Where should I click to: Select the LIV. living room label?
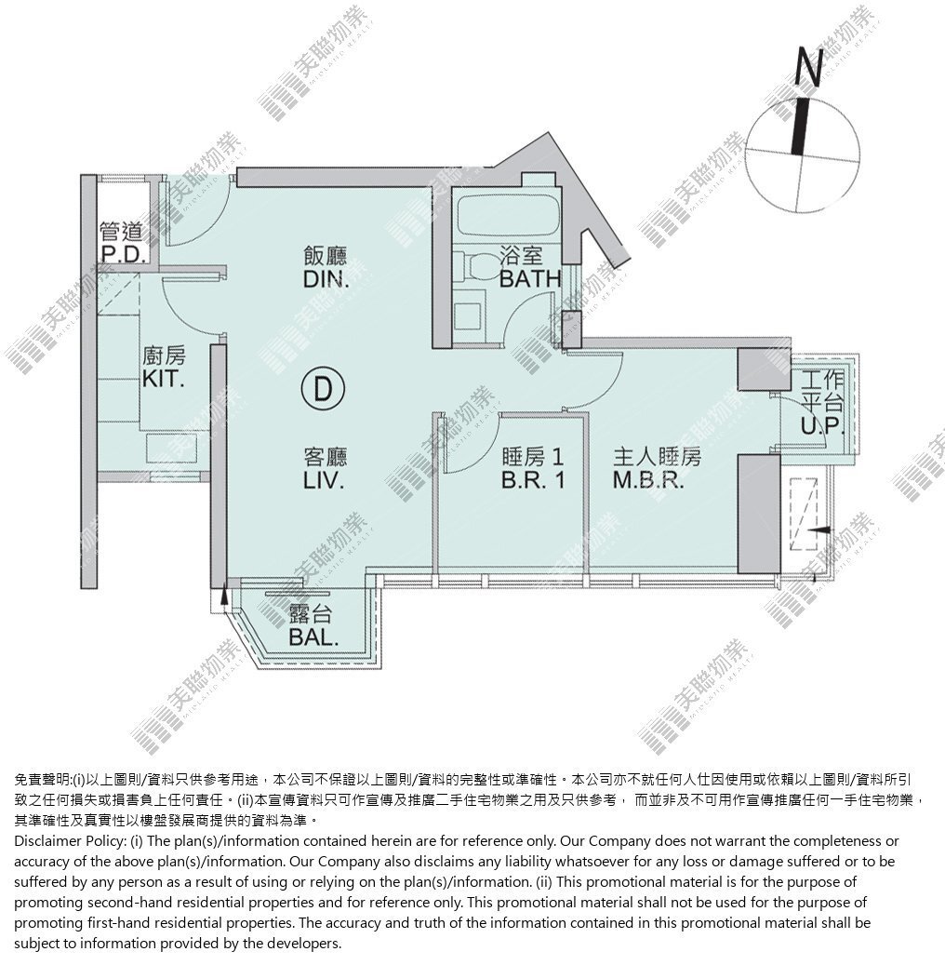(325, 480)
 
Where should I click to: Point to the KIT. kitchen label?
(164, 379)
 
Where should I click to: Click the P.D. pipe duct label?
(123, 254)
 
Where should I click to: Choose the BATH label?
(530, 279)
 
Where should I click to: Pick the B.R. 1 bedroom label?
(533, 480)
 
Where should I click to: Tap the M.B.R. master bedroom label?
(648, 480)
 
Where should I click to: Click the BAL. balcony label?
(313, 637)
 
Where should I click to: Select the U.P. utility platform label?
(821, 425)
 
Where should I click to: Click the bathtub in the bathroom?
(508, 215)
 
